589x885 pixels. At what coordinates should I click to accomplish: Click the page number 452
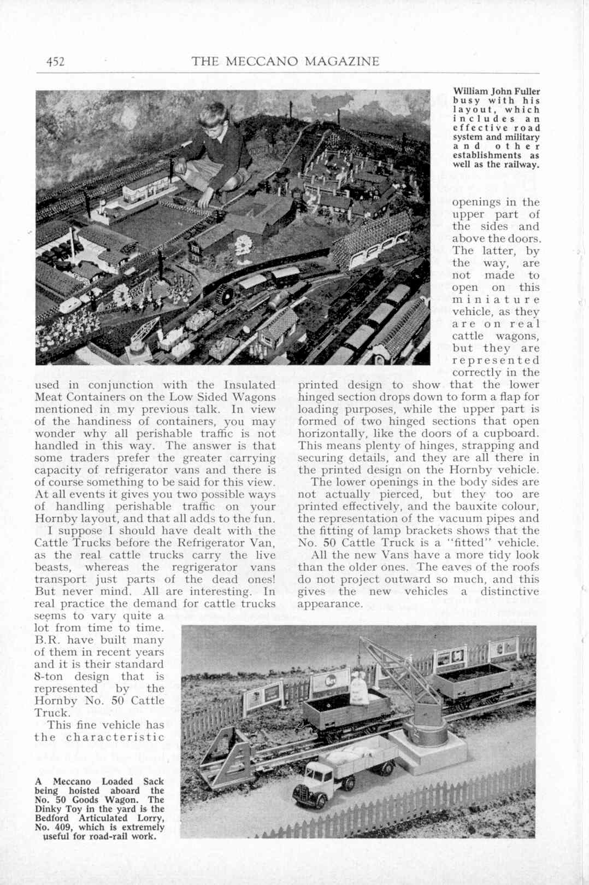pyautogui.click(x=55, y=61)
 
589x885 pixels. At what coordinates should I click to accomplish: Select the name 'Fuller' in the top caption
pyautogui.click(x=527, y=91)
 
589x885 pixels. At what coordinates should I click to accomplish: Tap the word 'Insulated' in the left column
pyautogui.click(x=249, y=385)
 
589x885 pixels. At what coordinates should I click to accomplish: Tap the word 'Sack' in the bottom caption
pyautogui.click(x=154, y=782)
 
